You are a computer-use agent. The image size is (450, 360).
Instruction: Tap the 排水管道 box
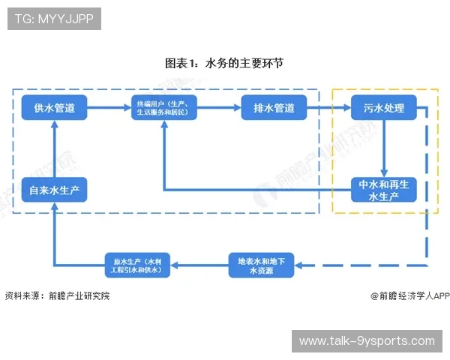[x=274, y=108]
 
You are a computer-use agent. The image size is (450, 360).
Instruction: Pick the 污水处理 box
[x=383, y=108]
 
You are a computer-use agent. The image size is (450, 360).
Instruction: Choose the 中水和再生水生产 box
[x=383, y=190]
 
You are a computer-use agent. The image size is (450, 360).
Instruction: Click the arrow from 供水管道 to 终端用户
[x=107, y=108]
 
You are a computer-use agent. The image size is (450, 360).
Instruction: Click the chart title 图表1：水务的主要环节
[x=224, y=64]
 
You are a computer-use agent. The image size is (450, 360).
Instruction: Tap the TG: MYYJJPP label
[x=54, y=19]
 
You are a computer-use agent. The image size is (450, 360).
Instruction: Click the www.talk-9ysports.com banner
[x=367, y=341]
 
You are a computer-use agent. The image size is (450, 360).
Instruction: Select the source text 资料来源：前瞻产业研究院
[x=57, y=295]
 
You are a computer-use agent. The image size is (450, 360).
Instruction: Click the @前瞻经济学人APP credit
[x=409, y=295]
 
